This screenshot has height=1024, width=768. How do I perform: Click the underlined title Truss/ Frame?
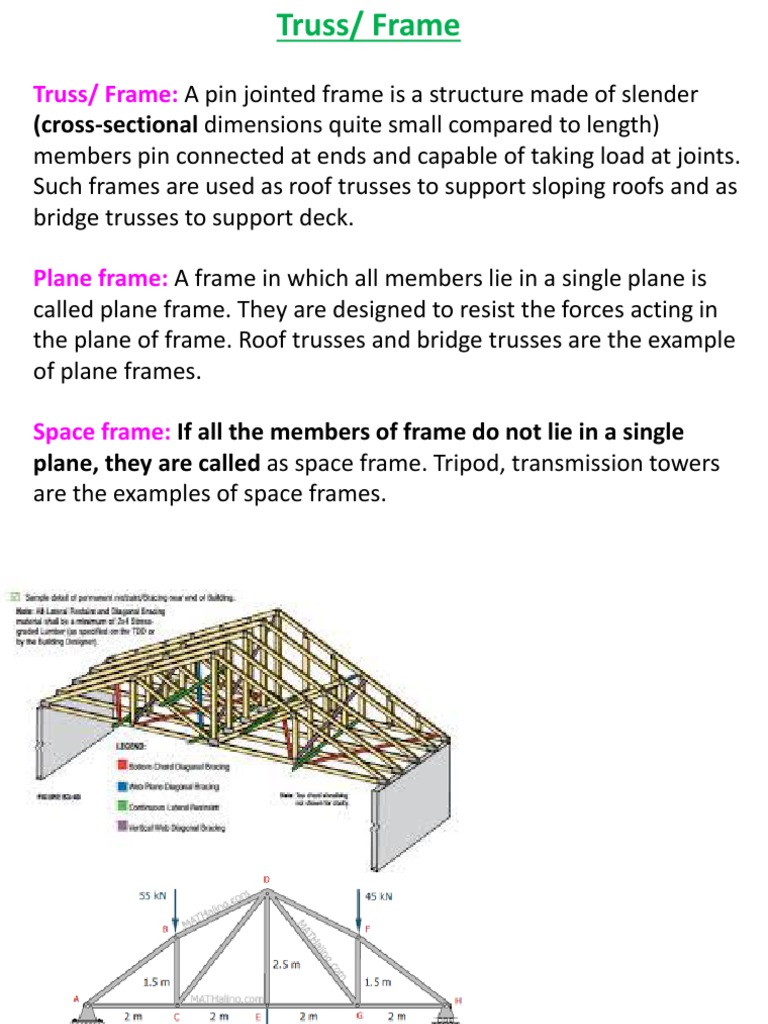[367, 26]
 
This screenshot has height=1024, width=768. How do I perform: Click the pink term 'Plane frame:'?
[101, 279]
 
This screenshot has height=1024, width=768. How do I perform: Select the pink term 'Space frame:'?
[102, 433]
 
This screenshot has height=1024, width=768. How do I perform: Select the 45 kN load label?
[379, 896]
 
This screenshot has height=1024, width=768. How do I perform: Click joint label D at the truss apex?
[266, 879]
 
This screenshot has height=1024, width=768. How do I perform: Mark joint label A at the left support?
[76, 996]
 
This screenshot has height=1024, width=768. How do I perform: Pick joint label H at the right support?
[458, 996]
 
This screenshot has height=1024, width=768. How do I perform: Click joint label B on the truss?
[166, 930]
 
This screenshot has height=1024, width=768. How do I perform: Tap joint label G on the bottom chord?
[356, 1015]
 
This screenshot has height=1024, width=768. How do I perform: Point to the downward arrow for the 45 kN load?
[357, 910]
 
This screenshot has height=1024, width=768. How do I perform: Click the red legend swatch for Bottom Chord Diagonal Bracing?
[122, 767]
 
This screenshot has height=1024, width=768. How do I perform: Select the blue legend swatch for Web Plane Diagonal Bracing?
[122, 786]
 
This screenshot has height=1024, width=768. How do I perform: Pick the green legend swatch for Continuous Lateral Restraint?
[122, 806]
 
